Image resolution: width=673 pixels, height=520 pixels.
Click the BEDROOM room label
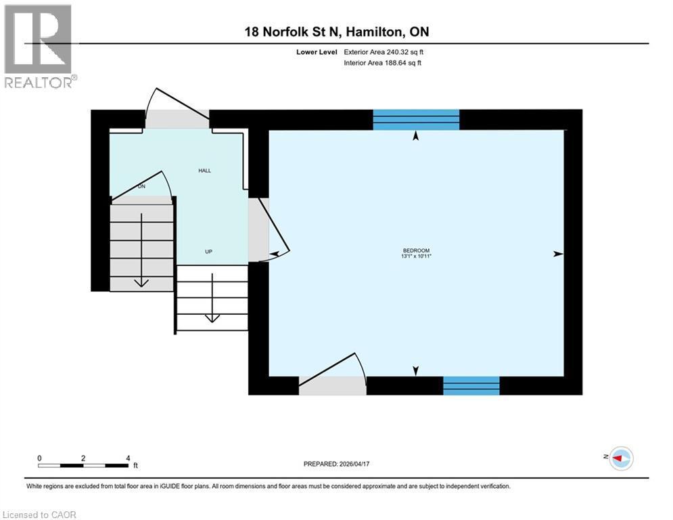point(416,251)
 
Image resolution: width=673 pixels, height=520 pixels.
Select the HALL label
point(204,171)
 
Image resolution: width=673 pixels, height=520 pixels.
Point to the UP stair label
point(209,252)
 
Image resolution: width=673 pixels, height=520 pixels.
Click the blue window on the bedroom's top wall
point(416,119)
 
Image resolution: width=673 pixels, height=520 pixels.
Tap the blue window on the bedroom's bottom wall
point(471,386)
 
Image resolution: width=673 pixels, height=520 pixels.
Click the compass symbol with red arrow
point(620,458)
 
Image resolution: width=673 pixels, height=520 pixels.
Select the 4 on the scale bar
point(128,458)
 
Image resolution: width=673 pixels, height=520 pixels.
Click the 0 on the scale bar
point(40,458)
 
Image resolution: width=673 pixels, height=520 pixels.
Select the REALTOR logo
point(38,46)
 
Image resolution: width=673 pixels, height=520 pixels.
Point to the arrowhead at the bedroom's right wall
point(558,254)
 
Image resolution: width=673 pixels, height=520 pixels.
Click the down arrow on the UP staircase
point(212,298)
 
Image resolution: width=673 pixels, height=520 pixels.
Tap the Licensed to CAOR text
point(40,515)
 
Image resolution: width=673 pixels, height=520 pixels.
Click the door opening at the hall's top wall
point(177,119)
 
